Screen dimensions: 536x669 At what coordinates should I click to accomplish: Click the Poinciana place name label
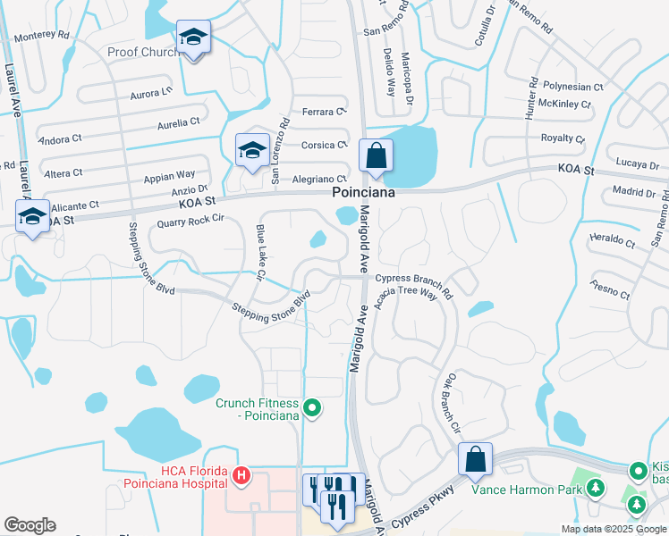[364, 192]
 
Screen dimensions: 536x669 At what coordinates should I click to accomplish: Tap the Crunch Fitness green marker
[312, 409]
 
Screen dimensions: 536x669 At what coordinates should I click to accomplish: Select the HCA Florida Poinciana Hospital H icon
[240, 476]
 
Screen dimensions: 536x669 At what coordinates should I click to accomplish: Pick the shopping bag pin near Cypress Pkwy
[476, 460]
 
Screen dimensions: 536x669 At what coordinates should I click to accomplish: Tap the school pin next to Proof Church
[192, 38]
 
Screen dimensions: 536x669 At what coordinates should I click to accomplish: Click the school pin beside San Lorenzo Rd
[252, 149]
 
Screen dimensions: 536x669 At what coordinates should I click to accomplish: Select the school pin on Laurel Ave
[33, 216]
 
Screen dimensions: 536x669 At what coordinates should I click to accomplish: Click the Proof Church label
[144, 52]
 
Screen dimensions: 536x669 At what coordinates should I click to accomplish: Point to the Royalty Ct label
[563, 138]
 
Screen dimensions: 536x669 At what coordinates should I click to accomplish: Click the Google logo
[30, 525]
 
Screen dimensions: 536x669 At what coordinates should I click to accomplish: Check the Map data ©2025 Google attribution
[614, 529]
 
